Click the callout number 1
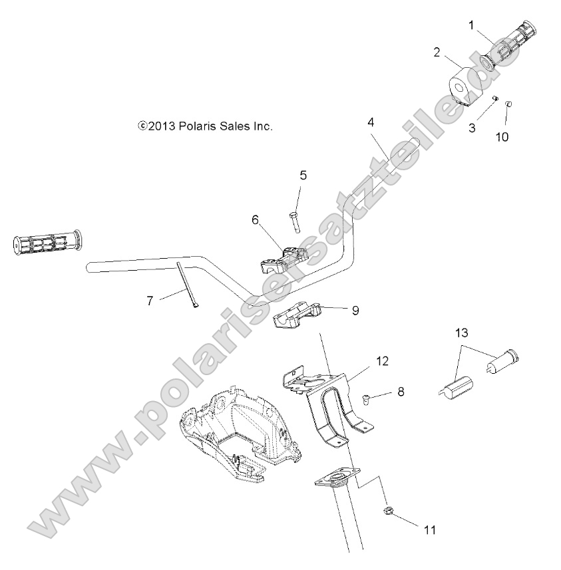tap(471, 26)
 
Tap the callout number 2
tap(437, 53)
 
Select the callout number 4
tap(371, 122)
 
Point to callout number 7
tap(150, 301)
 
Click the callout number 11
tap(430, 530)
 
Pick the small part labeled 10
tap(508, 104)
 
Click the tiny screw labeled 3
tap(495, 99)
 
